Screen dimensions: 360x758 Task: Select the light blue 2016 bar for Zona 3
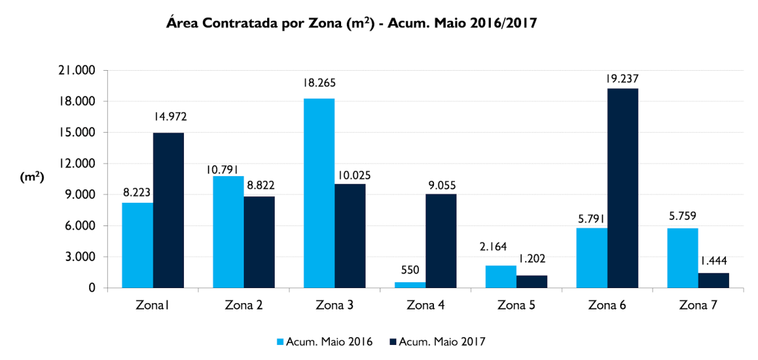point(319,193)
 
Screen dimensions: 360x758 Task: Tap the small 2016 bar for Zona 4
point(410,285)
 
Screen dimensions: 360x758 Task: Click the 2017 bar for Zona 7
point(714,280)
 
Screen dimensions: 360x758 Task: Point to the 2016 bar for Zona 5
point(501,277)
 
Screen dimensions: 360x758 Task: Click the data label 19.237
point(623,78)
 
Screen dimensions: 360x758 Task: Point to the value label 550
point(411,270)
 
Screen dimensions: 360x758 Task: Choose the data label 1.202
point(532,258)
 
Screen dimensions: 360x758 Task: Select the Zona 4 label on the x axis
point(425,306)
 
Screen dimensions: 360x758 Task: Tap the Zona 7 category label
point(698,306)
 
